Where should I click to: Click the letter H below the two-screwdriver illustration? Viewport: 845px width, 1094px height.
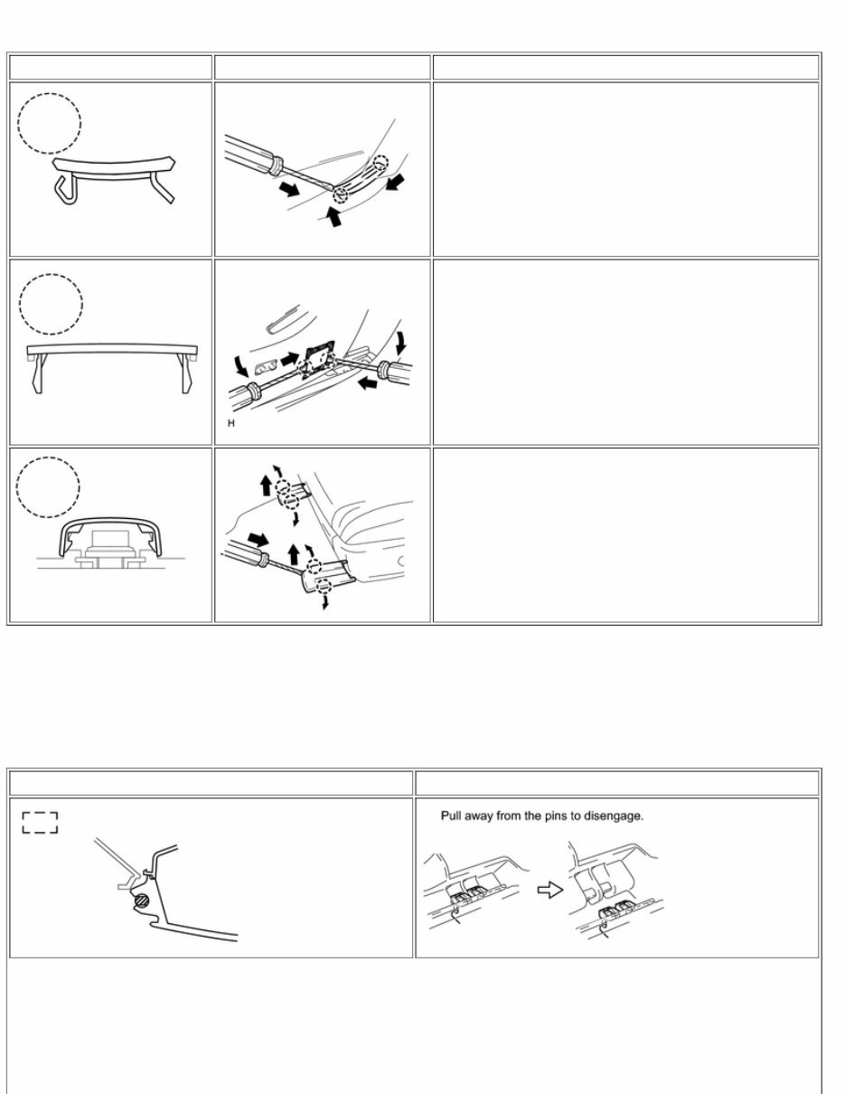pyautogui.click(x=231, y=424)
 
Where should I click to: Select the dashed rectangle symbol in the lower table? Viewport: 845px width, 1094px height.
pyautogui.click(x=40, y=822)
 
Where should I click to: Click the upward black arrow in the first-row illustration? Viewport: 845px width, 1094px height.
pyautogui.click(x=333, y=217)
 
